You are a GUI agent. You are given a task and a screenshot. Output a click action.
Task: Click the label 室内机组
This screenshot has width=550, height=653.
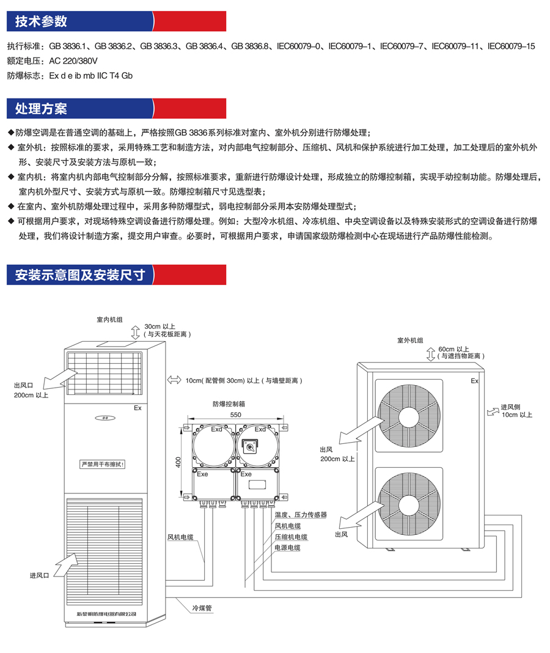[x=109, y=320]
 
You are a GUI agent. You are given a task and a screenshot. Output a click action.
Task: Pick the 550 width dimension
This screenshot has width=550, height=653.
[x=236, y=415]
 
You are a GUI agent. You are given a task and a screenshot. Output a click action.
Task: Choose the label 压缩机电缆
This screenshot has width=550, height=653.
[x=291, y=537]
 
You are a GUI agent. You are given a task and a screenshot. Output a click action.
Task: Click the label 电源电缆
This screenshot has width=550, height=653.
[x=287, y=548]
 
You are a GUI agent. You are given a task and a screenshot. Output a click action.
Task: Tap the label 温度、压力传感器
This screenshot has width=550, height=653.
[x=301, y=515]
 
